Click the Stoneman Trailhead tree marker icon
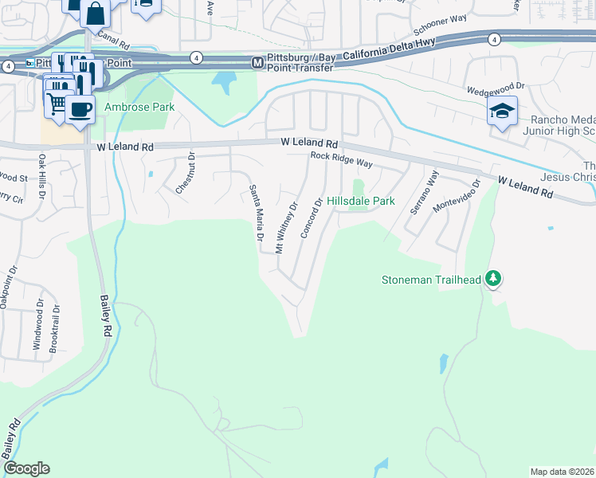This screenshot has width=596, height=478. point(494,278)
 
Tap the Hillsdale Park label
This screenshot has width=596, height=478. point(361,202)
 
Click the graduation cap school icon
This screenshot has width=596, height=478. point(502,111)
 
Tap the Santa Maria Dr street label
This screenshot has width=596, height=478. point(256,213)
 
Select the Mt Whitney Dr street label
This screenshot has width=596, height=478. point(285,227)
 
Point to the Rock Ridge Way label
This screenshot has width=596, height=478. point(342,160)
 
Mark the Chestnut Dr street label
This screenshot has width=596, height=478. point(185,172)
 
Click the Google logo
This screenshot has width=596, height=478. point(26,468)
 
